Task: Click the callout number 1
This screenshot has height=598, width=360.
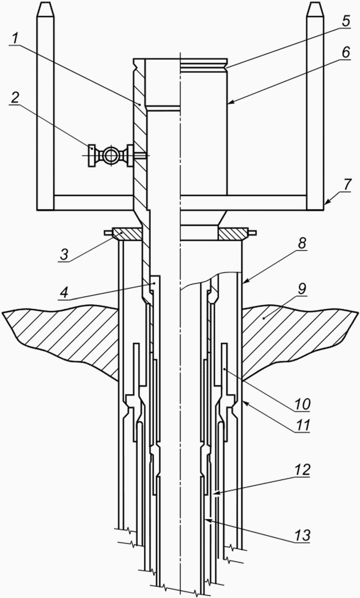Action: tap(15, 39)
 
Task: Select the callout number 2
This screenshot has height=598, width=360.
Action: tap(15, 98)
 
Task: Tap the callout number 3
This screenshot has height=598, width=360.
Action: tap(64, 255)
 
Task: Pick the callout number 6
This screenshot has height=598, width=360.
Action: tap(345, 52)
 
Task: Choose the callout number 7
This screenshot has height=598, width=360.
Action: tap(347, 185)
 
